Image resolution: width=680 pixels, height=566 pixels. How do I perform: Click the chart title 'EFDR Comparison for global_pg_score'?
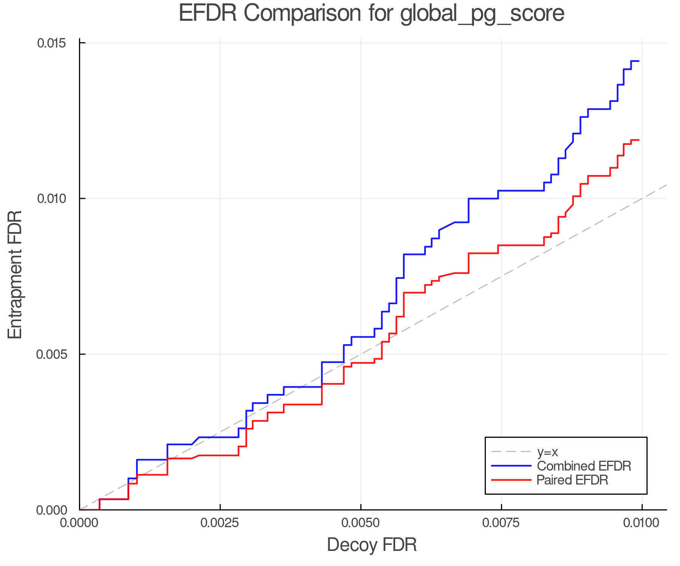point(371,14)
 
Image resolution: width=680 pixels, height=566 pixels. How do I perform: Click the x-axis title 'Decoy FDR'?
point(372,545)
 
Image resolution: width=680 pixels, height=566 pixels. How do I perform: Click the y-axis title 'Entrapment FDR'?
point(15,275)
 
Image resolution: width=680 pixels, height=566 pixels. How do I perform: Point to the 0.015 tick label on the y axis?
point(51,43)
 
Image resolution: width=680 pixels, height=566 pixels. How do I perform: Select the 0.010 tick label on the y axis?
point(51,198)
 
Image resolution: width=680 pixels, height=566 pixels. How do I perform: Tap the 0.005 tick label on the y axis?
point(51,354)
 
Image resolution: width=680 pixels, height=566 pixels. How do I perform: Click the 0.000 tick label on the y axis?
point(51,510)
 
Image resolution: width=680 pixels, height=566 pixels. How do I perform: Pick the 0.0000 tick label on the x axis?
point(80,523)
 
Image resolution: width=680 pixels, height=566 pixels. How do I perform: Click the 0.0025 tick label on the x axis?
point(220,523)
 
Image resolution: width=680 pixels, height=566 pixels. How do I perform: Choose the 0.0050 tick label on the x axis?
point(361,523)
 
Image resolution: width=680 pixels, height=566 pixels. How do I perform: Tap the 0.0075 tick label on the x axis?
point(502,523)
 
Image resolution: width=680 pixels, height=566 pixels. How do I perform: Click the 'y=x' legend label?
point(547,452)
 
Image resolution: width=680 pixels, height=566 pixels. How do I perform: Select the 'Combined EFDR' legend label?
point(584,466)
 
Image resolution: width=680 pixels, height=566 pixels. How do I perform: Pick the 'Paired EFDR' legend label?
point(572,480)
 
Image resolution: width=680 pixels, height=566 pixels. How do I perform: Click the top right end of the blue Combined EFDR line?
point(638,61)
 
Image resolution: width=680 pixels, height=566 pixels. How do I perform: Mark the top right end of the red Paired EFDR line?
point(638,140)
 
